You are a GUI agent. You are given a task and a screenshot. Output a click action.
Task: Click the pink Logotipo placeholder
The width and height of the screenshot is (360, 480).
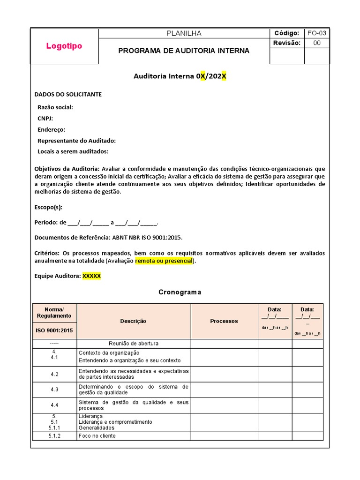point(64,46)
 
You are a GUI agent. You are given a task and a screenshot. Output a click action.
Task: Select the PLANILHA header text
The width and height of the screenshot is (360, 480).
point(184,33)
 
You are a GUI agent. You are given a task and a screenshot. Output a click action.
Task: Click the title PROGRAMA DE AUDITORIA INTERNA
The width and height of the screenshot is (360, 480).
point(184,51)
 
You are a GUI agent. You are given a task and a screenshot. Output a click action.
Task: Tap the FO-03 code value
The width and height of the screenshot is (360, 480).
point(317,33)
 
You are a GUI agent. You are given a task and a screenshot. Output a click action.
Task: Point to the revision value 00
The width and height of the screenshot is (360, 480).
point(317,43)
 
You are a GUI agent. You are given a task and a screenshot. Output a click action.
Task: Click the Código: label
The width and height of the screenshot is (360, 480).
point(286,33)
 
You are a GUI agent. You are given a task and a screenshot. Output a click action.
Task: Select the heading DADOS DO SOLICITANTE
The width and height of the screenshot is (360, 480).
point(68,94)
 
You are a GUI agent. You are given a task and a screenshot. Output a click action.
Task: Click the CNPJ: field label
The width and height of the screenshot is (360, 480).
point(45,119)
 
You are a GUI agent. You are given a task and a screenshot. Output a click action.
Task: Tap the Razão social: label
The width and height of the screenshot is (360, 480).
point(55,107)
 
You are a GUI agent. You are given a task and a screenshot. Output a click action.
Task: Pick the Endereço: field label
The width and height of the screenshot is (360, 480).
point(51,130)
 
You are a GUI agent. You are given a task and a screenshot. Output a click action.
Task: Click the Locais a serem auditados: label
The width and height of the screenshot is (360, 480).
point(73,151)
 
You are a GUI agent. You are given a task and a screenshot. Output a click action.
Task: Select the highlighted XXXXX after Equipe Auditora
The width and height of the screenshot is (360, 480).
point(91,276)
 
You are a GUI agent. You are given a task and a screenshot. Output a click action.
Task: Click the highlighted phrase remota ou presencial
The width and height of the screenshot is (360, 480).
point(164,261)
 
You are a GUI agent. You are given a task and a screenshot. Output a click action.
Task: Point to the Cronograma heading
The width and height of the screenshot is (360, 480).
point(180,292)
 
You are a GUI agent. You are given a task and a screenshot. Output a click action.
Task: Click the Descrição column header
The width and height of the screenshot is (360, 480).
point(133,321)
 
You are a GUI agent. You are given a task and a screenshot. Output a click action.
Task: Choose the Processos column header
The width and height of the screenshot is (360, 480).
point(224,321)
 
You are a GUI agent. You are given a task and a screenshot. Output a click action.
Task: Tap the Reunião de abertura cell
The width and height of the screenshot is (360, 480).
point(133,344)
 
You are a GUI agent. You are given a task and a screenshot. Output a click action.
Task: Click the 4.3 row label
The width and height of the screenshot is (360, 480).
point(54,390)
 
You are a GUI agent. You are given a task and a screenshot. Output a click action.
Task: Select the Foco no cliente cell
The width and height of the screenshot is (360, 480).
point(97,436)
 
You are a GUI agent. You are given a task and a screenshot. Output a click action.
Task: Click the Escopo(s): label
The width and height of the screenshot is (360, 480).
point(48,207)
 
